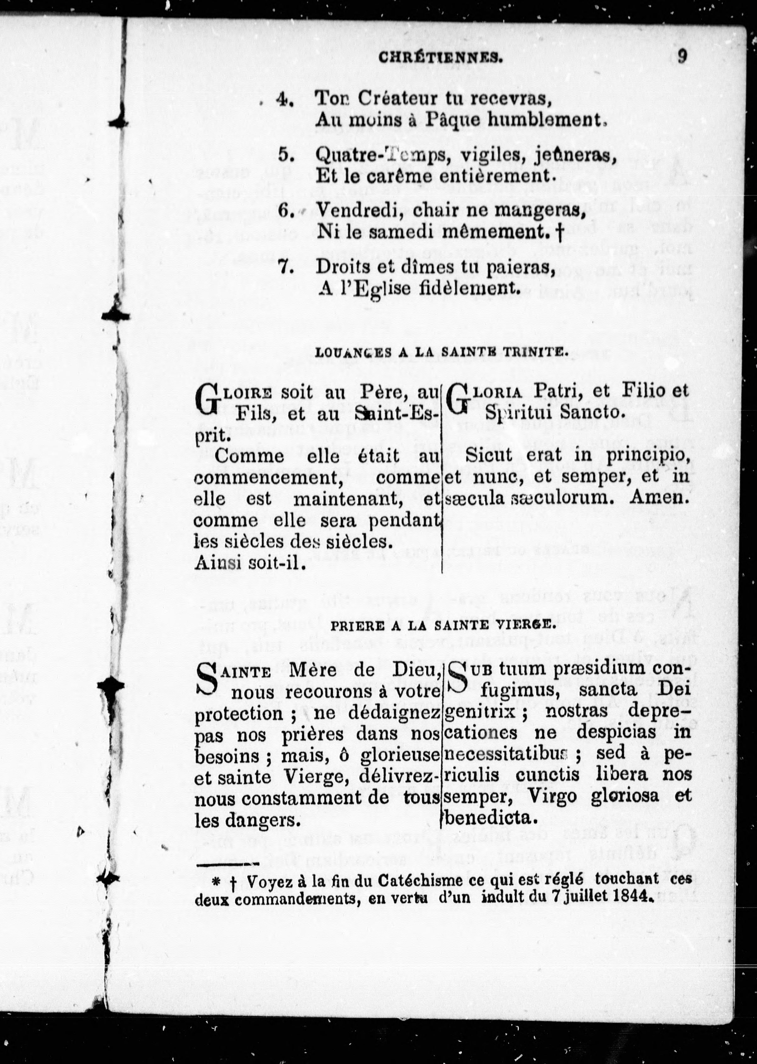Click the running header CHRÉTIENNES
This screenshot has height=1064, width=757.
pyautogui.click(x=441, y=58)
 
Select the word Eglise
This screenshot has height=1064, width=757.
pyautogui.click(x=390, y=290)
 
